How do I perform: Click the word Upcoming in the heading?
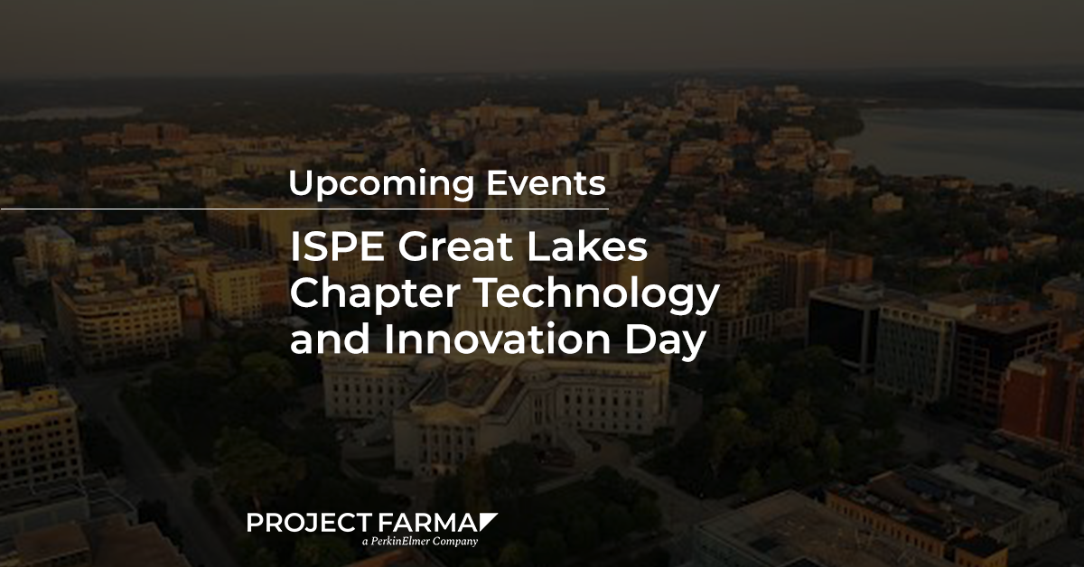coord(381,184)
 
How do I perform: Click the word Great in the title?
coord(455,247)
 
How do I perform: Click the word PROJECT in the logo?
coord(309,523)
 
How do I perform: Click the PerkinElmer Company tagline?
coord(419,542)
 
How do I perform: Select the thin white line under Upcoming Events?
coord(305,209)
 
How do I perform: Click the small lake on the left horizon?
coord(72,113)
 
